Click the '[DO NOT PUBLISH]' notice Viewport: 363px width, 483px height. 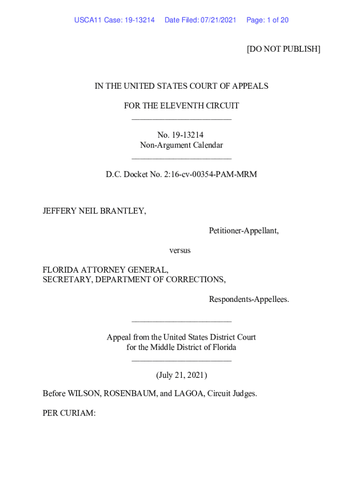(283, 49)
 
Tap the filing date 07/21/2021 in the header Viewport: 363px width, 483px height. (218, 20)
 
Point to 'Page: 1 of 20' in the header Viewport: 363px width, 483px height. (267, 20)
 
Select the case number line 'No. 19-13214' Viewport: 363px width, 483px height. (181, 135)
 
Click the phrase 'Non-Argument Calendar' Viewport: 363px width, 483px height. (181, 145)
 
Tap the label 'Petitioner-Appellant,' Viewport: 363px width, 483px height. (244, 231)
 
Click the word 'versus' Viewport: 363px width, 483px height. (180, 250)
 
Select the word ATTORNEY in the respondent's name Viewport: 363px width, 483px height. (101, 270)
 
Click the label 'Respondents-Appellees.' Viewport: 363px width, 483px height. (249, 300)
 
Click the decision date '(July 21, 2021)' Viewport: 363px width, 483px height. (181, 375)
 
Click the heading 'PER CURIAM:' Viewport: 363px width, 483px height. (69, 413)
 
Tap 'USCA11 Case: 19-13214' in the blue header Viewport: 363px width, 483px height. (115, 20)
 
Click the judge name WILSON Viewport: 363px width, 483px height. (83, 393)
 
